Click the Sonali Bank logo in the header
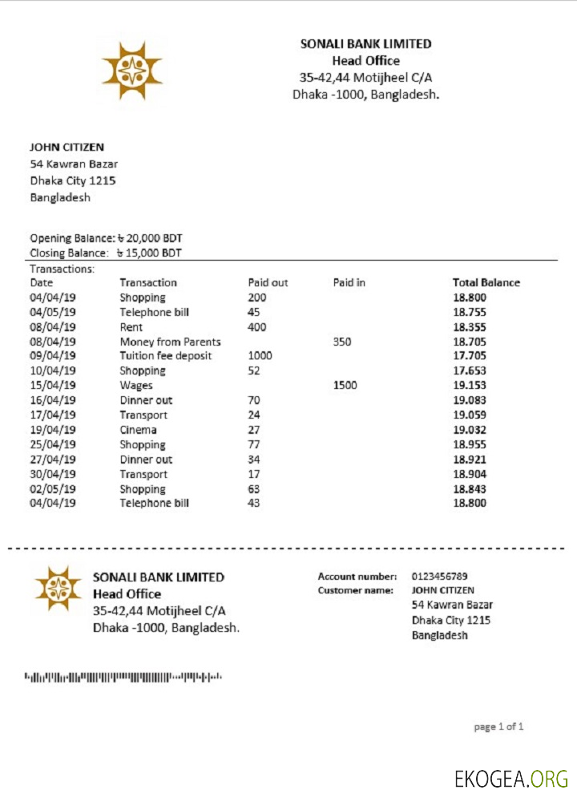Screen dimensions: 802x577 click(131, 69)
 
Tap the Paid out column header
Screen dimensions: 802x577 click(268, 282)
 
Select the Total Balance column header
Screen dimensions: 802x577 click(486, 282)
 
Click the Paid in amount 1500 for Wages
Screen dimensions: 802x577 click(345, 386)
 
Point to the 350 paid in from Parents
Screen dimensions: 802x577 click(342, 342)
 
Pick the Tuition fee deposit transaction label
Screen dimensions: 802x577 click(167, 356)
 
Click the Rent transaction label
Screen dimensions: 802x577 click(131, 327)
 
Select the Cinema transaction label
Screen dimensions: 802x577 click(139, 430)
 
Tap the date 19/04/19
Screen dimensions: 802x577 click(53, 430)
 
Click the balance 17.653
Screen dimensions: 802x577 click(470, 371)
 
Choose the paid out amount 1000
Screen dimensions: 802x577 click(260, 356)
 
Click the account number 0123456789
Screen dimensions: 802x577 click(440, 576)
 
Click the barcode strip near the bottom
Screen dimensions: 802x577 click(123, 678)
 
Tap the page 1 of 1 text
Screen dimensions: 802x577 click(498, 727)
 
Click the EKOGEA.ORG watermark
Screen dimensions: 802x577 click(510, 778)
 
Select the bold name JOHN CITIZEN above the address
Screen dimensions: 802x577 click(67, 147)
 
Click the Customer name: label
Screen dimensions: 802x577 click(356, 590)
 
